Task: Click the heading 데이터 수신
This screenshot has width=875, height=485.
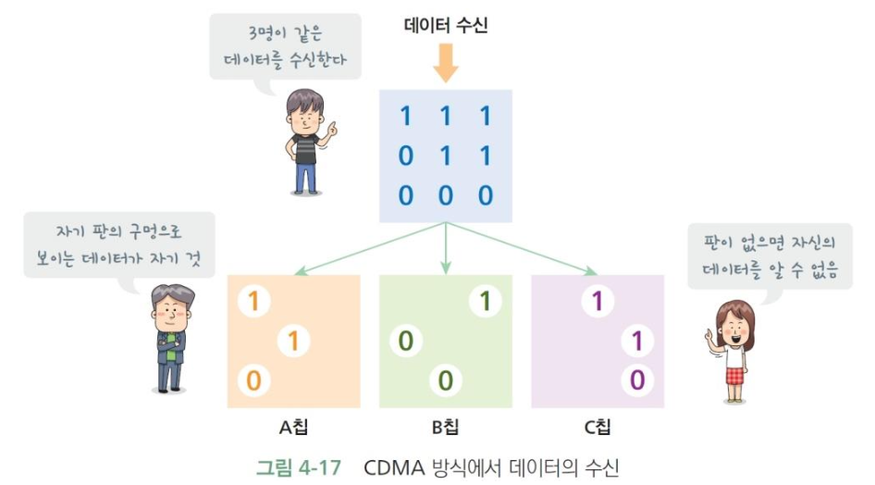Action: (445, 26)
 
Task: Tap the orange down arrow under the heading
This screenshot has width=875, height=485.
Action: (445, 64)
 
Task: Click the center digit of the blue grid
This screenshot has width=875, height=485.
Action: (445, 155)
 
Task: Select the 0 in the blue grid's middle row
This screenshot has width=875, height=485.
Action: (405, 155)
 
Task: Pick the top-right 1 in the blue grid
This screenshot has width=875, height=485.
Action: (485, 117)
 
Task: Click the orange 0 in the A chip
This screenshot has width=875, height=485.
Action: (252, 379)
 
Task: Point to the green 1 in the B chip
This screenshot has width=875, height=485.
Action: (483, 302)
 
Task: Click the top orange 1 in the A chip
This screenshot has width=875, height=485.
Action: (252, 302)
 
